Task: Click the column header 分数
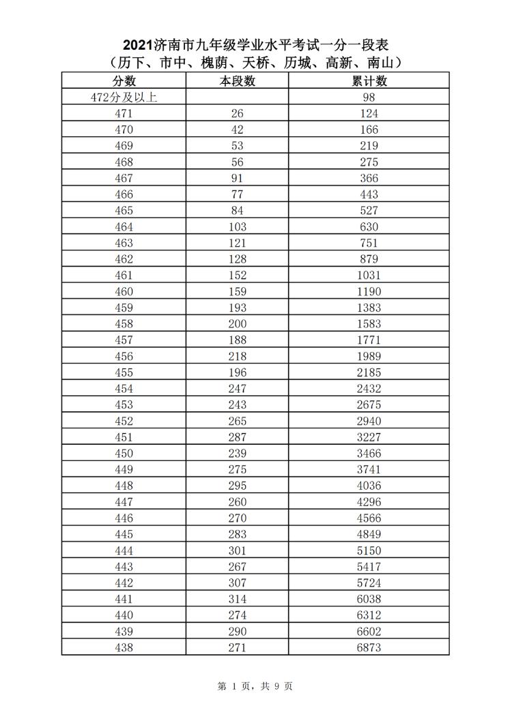coord(124,81)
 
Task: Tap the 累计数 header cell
coord(369,81)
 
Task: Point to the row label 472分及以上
coord(124,98)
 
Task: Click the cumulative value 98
coord(369,98)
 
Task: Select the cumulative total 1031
coord(369,276)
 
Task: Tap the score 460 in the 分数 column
coord(124,292)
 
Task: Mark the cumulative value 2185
coord(369,372)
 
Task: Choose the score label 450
coord(124,454)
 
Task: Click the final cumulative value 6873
coord(369,647)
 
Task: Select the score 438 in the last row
coord(124,647)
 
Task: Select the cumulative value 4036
coord(369,486)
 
